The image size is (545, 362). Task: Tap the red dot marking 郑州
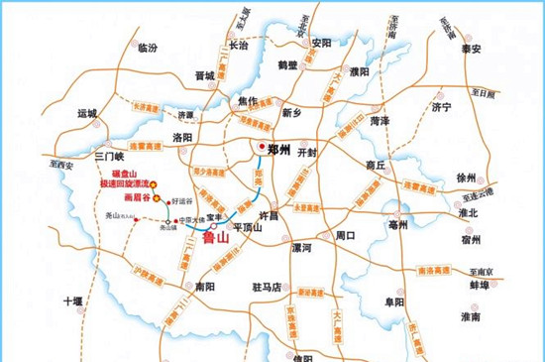262,148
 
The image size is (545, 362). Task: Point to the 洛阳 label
183,137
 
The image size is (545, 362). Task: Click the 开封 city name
306,153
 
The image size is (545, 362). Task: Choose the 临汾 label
148,48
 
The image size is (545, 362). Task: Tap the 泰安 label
470,48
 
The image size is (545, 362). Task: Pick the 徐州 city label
465,177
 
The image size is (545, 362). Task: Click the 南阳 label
205,286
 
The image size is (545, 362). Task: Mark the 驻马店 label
268,287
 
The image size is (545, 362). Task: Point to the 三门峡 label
106,157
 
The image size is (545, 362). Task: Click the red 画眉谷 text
133,197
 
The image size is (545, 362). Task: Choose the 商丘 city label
376,165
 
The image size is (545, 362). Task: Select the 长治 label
238,46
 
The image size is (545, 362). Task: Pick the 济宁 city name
441,106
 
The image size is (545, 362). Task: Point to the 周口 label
345,236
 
